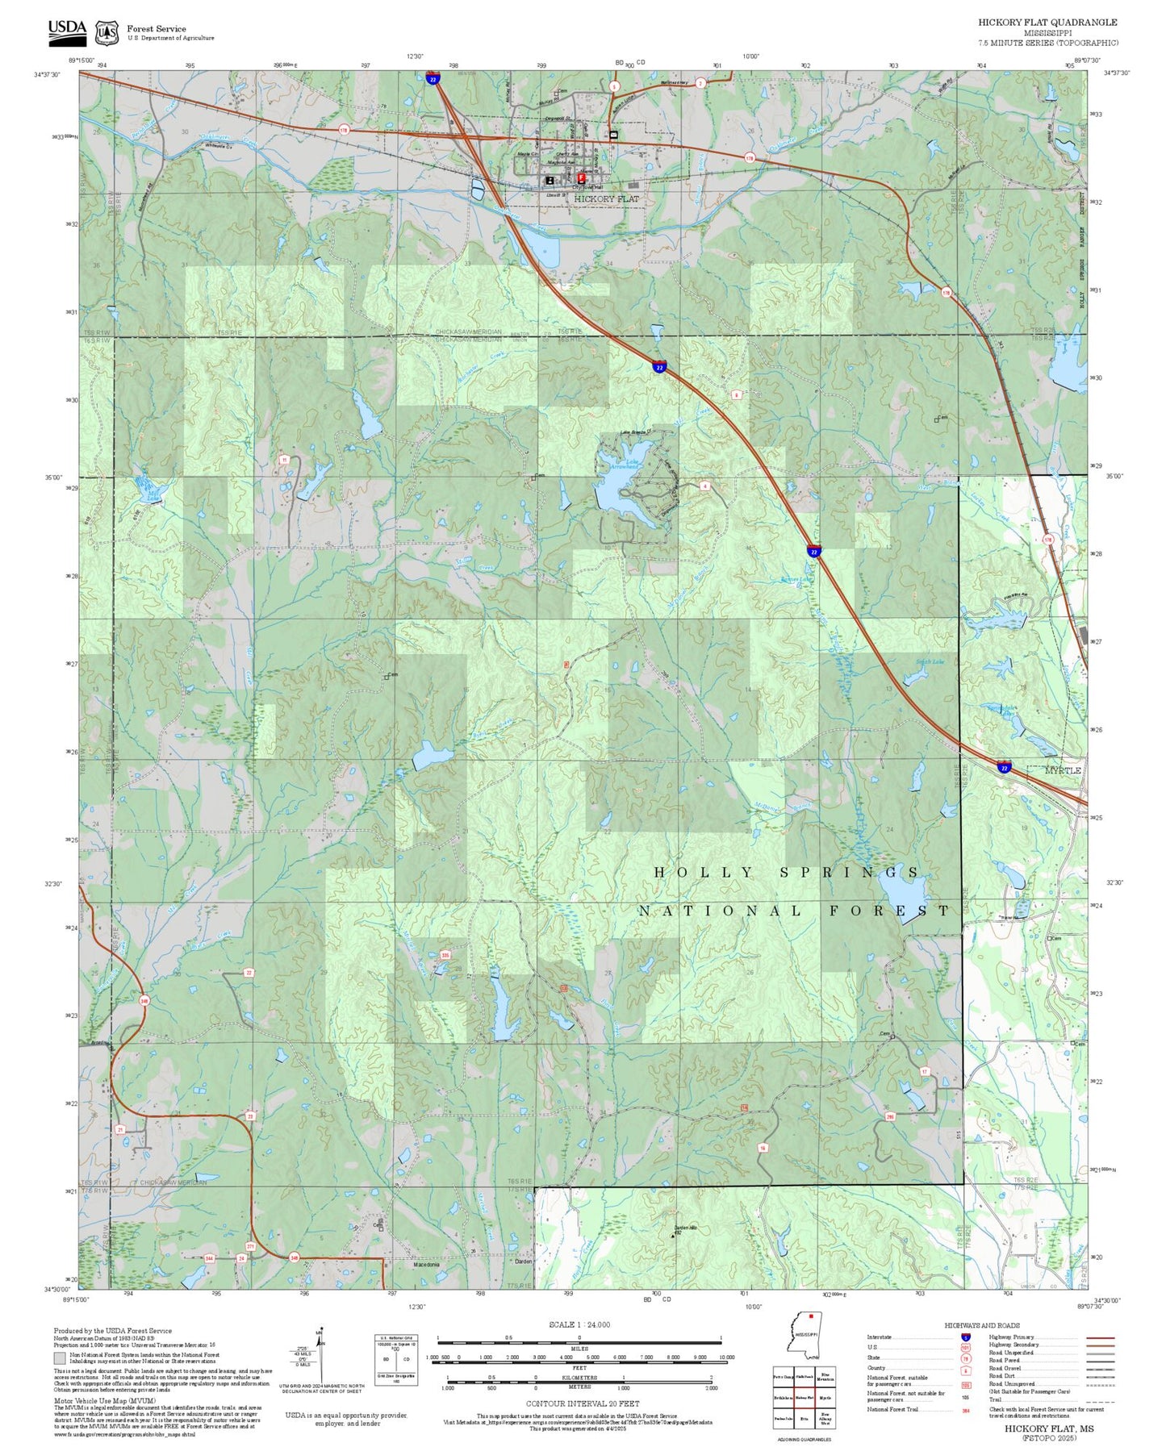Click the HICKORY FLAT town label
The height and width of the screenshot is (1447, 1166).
click(x=606, y=198)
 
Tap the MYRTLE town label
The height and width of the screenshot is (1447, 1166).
click(x=1062, y=770)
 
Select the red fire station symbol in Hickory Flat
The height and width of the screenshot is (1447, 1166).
click(x=582, y=177)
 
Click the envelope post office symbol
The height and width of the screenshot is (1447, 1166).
click(x=613, y=135)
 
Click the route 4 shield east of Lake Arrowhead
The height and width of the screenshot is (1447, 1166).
click(x=704, y=486)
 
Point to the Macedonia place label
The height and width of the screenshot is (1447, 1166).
click(x=426, y=1265)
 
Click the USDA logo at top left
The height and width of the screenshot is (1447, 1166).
click(x=66, y=31)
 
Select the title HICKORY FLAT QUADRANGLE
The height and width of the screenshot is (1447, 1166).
click(x=1047, y=23)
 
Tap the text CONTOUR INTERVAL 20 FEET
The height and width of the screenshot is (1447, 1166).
click(x=582, y=1404)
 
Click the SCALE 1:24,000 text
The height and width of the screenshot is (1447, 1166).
click(x=579, y=1324)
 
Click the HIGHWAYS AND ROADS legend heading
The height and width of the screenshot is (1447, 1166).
click(x=981, y=1325)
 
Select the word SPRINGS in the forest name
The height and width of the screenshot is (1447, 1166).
click(x=848, y=873)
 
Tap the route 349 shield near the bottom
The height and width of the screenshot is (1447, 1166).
click(x=294, y=1257)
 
